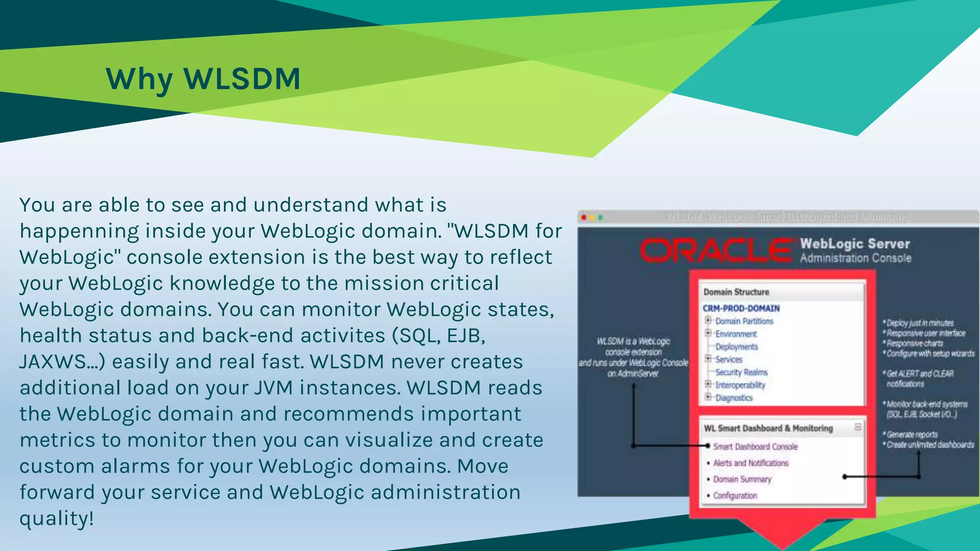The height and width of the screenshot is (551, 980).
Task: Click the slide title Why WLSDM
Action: pyautogui.click(x=203, y=79)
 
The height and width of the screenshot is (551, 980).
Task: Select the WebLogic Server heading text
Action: pyautogui.click(x=855, y=244)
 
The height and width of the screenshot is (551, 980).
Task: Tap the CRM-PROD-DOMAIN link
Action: pyautogui.click(x=741, y=309)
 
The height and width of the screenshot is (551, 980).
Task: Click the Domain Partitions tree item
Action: pyautogui.click(x=744, y=321)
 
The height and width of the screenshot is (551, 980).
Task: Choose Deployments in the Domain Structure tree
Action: pyautogui.click(x=736, y=347)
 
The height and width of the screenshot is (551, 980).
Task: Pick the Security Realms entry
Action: pyautogui.click(x=741, y=372)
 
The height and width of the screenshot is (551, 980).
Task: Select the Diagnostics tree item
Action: pyautogui.click(x=734, y=398)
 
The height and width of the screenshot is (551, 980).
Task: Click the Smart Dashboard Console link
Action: pyautogui.click(x=755, y=447)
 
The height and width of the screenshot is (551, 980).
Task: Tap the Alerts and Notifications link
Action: pyautogui.click(x=750, y=463)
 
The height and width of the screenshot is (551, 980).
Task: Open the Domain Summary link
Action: pyautogui.click(x=742, y=479)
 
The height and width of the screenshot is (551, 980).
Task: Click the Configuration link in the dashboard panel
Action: pyautogui.click(x=735, y=496)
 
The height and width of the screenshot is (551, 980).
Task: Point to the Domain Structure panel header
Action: pyautogui.click(x=736, y=292)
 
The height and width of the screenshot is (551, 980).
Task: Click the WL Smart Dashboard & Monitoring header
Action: pyautogui.click(x=768, y=428)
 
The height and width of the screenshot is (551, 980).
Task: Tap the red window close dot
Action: pyautogui.click(x=584, y=218)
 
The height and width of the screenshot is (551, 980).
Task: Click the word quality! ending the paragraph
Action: pyautogui.click(x=56, y=518)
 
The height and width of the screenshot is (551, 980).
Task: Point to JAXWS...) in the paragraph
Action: pyautogui.click(x=62, y=362)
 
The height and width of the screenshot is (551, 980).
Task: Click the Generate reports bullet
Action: pyautogui.click(x=912, y=435)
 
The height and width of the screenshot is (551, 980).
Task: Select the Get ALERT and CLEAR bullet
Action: pyautogui.click(x=920, y=374)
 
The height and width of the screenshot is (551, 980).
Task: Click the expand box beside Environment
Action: pyautogui.click(x=708, y=333)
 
